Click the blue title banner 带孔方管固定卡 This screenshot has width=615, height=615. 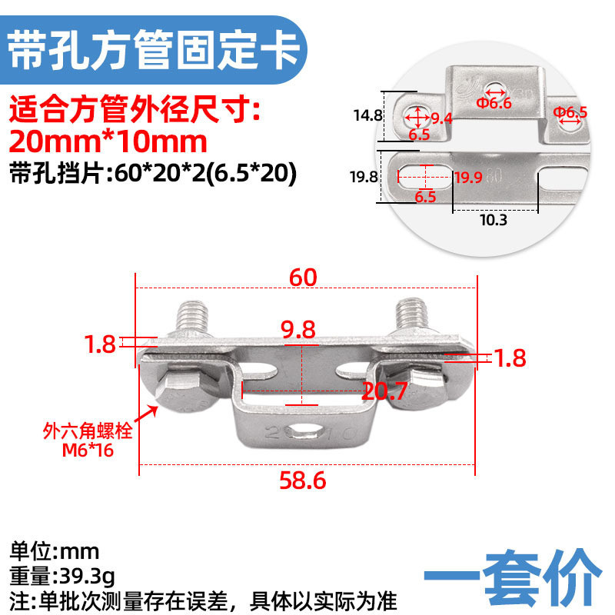153,50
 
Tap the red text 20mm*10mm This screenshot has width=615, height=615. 108,141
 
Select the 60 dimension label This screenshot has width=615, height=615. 303,278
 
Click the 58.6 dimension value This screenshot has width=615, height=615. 302,480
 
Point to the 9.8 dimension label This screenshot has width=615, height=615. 298,330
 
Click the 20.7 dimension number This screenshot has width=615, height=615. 384,391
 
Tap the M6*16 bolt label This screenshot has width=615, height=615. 88,450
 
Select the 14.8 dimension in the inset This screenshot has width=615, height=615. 367,115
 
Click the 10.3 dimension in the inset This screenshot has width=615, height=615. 494,220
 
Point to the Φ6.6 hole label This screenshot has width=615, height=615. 494,103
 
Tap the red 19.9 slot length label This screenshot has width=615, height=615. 468,178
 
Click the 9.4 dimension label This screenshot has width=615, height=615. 441,118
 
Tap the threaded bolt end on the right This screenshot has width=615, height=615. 411,314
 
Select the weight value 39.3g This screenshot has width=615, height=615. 86,577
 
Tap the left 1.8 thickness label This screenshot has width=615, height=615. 100,344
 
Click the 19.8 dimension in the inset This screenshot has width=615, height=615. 364,177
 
